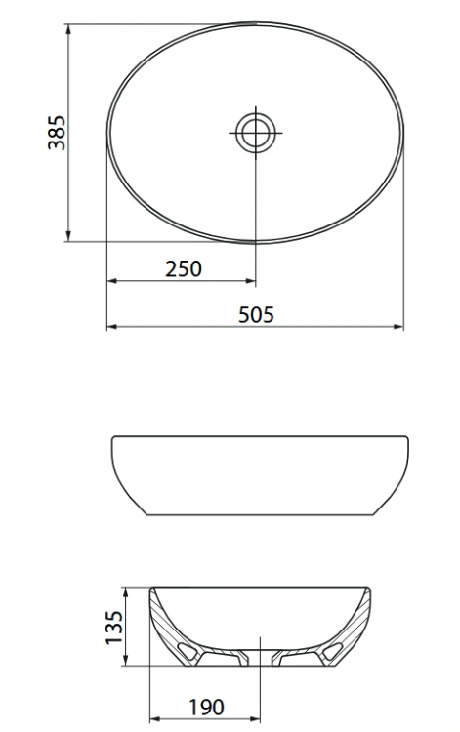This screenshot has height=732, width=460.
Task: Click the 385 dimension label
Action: pyautogui.click(x=56, y=133)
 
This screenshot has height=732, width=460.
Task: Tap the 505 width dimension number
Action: pyautogui.click(x=256, y=314)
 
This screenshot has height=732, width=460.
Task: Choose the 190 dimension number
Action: pyautogui.click(x=205, y=706)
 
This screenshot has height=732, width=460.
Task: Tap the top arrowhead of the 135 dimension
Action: pyautogui.click(x=127, y=591)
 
